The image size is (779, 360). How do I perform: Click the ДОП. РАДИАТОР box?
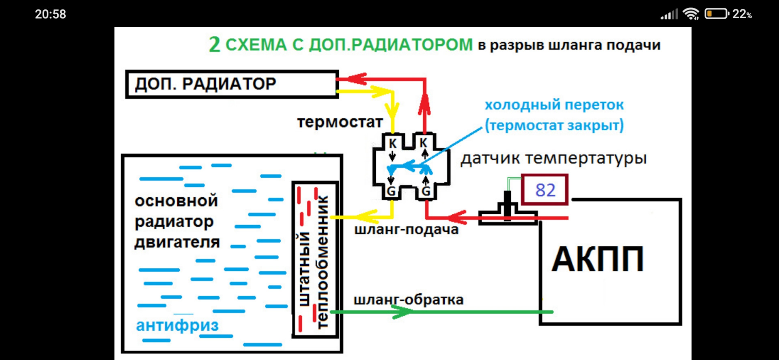click(x=232, y=84)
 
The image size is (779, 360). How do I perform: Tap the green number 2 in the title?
click(x=215, y=44)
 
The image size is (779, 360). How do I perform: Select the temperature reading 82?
click(x=545, y=190)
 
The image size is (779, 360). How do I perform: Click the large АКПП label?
click(x=598, y=259)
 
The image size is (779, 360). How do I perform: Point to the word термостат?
click(x=340, y=122)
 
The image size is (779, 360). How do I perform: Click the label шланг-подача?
click(x=406, y=230)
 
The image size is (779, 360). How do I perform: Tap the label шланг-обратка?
click(x=408, y=300)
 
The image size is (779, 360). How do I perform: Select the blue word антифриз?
click(x=177, y=325)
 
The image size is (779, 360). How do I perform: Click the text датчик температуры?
click(x=553, y=158)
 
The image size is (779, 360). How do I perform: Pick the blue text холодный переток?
click(x=554, y=105)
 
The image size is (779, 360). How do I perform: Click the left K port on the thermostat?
click(x=392, y=143)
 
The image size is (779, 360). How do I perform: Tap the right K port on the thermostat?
click(x=424, y=143)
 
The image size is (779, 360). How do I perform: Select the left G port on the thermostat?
click(x=391, y=191)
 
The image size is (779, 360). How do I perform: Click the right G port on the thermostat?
click(x=426, y=191)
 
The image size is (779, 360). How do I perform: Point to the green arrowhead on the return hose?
click(x=402, y=312)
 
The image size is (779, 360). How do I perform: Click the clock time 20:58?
click(x=50, y=14)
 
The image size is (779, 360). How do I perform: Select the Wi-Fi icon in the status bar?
click(x=691, y=14)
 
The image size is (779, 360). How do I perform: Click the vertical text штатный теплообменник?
click(x=313, y=262)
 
